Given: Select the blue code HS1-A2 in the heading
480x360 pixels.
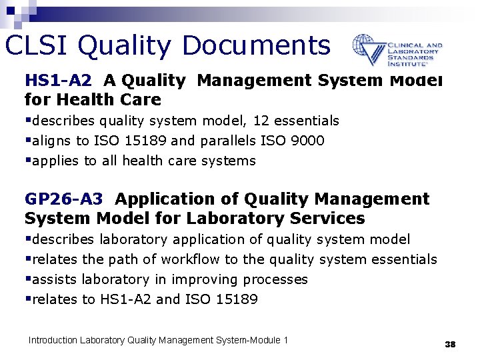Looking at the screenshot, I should pyautogui.click(x=58, y=81).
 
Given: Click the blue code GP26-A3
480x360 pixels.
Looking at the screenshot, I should pyautogui.click(x=64, y=199).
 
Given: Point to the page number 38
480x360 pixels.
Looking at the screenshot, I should pyautogui.click(x=450, y=344).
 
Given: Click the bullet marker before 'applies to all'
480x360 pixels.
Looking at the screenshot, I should pyautogui.click(x=27, y=160).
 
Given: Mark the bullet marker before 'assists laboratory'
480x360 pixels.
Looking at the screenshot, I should pyautogui.click(x=27, y=279).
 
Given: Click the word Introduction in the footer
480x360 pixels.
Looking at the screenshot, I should pyautogui.click(x=53, y=341).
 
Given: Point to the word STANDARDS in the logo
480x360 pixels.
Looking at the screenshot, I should pyautogui.click(x=413, y=58).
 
